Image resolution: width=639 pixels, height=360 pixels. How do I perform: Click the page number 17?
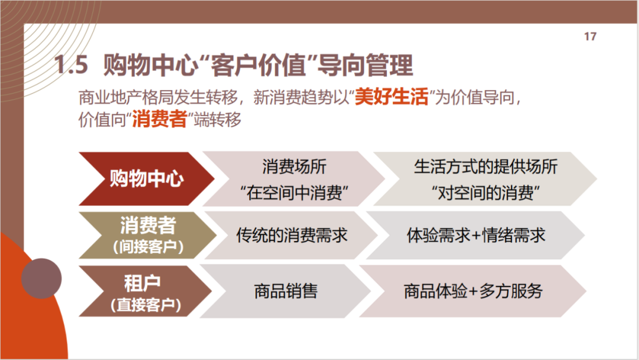pos(590,37)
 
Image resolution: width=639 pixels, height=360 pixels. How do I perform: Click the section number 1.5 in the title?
pos(72,65)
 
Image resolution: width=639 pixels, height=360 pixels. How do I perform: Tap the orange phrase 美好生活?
pos(391,97)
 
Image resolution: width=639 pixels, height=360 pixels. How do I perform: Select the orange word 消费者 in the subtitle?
pos(159,120)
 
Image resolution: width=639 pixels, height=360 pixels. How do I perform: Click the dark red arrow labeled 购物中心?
pos(147,179)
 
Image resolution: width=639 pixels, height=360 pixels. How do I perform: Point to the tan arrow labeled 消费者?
pos(147,235)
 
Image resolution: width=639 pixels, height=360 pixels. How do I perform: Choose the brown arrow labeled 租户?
pos(146,291)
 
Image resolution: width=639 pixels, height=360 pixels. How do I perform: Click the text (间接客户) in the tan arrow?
pos(148,247)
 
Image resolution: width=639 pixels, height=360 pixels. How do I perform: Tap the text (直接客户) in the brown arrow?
pos(146,304)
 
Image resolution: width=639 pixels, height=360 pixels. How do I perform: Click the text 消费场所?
pos(294,167)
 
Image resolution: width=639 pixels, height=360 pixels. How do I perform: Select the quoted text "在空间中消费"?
pos(294,192)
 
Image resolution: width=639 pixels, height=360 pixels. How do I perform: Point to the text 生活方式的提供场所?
pos(486,167)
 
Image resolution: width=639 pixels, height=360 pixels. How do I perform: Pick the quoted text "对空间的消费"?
pos(486,192)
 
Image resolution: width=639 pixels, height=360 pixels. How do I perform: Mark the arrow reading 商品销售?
pos(285,291)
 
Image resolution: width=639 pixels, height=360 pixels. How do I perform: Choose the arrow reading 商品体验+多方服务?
pos(473,291)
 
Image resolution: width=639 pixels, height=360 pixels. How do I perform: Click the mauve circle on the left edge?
pos(41,278)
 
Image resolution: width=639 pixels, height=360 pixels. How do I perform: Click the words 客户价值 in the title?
pos(259,65)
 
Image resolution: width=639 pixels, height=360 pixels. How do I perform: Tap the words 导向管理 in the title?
pos(365,65)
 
